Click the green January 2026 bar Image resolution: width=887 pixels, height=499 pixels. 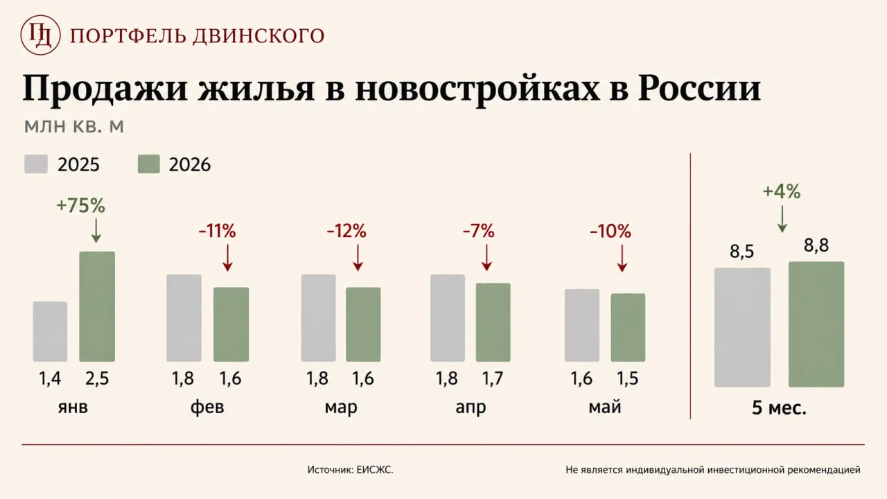point(97,306)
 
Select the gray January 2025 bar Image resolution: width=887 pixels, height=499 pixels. point(51,331)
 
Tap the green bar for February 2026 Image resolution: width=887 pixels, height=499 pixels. point(231,324)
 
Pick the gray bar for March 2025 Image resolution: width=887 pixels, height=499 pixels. point(318,318)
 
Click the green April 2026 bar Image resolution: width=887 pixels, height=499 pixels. point(493,322)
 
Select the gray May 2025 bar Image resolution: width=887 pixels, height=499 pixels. point(582,325)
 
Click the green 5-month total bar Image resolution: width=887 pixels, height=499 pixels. point(816,324)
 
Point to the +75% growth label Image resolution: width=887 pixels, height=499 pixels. point(81,206)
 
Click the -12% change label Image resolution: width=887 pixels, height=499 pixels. point(346,231)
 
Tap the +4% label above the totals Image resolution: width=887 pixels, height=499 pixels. point(782,191)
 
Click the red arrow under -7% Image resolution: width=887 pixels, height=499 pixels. point(486,258)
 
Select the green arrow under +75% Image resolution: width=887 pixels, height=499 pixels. point(96,231)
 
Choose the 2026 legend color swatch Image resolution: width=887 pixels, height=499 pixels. point(149,164)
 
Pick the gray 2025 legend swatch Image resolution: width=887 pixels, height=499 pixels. point(36,164)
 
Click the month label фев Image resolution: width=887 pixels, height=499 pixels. point(207,407)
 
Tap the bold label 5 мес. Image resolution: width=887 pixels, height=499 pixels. point(780,408)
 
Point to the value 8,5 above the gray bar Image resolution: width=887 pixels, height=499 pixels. point(742,252)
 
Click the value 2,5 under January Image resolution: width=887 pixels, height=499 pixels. point(97,378)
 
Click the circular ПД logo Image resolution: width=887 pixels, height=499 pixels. point(40,35)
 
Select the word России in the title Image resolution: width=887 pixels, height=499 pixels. point(699,87)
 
